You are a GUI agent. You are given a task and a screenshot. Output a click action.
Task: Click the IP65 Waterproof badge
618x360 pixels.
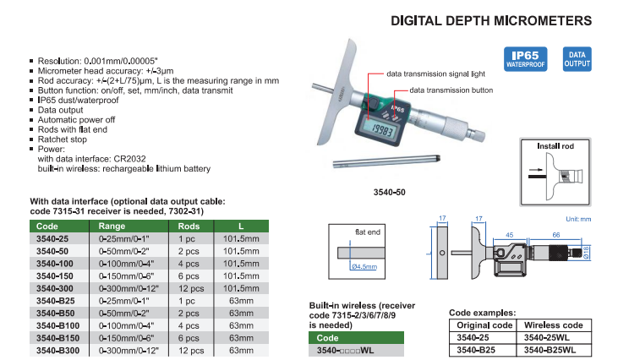click(x=525, y=59)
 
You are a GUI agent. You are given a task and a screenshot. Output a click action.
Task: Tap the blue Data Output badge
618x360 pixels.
click(x=577, y=59)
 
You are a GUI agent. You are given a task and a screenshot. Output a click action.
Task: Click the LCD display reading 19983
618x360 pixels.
click(x=381, y=128)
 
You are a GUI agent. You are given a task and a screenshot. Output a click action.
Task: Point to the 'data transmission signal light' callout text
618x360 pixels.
click(x=435, y=74)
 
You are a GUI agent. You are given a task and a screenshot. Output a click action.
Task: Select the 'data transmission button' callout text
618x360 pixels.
click(x=451, y=90)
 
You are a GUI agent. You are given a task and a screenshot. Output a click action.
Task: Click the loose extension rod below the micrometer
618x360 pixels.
click(x=386, y=161)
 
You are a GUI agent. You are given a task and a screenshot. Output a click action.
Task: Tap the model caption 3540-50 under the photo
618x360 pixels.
click(x=390, y=192)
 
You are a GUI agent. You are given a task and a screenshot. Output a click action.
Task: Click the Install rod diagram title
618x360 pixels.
click(x=555, y=146)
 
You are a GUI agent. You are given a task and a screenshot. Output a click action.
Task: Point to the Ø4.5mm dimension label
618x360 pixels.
click(x=364, y=267)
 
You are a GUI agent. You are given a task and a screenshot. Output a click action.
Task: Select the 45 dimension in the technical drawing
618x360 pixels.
click(x=509, y=235)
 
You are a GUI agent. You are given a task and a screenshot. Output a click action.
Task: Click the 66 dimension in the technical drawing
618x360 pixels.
click(x=555, y=235)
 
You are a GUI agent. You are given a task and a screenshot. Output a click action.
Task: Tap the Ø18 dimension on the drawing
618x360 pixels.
click(x=586, y=253)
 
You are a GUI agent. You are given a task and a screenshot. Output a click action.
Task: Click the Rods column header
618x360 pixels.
click(x=189, y=226)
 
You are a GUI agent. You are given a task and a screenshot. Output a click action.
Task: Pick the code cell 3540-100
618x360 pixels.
click(x=55, y=264)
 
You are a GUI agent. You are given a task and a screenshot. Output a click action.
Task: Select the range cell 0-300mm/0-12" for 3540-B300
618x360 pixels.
click(x=129, y=351)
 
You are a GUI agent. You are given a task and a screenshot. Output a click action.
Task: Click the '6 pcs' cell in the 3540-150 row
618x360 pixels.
click(x=189, y=276)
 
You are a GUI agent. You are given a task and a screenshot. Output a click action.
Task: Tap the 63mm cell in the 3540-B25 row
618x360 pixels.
click(x=241, y=301)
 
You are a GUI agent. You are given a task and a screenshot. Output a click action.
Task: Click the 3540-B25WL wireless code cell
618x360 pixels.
click(x=550, y=350)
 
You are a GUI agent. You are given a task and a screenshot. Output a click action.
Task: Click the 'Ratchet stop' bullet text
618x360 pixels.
click(x=63, y=139)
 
